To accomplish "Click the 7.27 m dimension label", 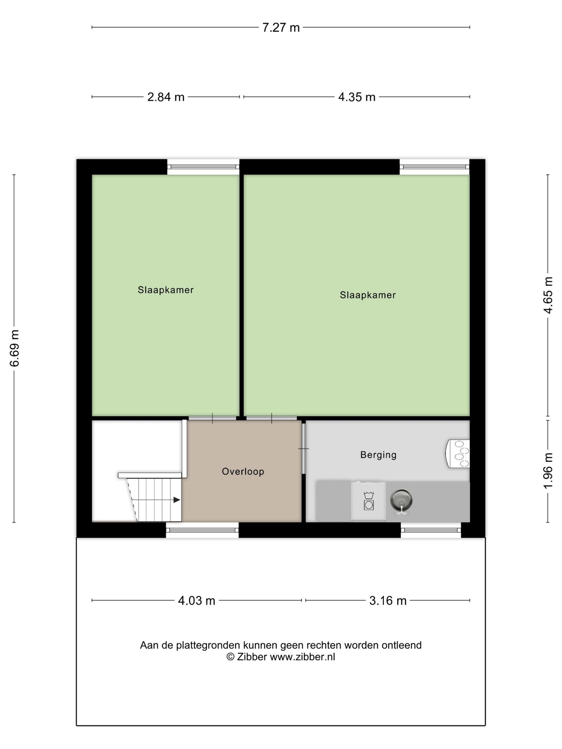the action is [281, 27].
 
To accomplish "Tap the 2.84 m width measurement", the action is [166, 97].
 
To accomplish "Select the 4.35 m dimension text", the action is [357, 97].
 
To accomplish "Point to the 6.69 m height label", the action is [15, 348].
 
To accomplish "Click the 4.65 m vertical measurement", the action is [548, 295].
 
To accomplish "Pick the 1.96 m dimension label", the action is [548, 471].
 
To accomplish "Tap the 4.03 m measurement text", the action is [196, 601].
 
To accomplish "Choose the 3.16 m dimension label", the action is [388, 601].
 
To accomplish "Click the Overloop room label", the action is [243, 471].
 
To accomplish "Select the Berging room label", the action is [378, 455].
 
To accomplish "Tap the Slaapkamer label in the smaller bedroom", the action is [166, 290].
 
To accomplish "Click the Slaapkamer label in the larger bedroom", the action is [368, 295].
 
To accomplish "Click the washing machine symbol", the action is [368, 501].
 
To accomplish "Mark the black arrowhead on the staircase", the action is [177, 500].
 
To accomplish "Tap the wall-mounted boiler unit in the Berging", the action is [458, 453].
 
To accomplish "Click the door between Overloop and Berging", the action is [303, 448].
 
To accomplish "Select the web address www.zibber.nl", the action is [302, 657].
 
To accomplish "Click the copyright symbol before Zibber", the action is [230, 657].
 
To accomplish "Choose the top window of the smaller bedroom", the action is [203, 167].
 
